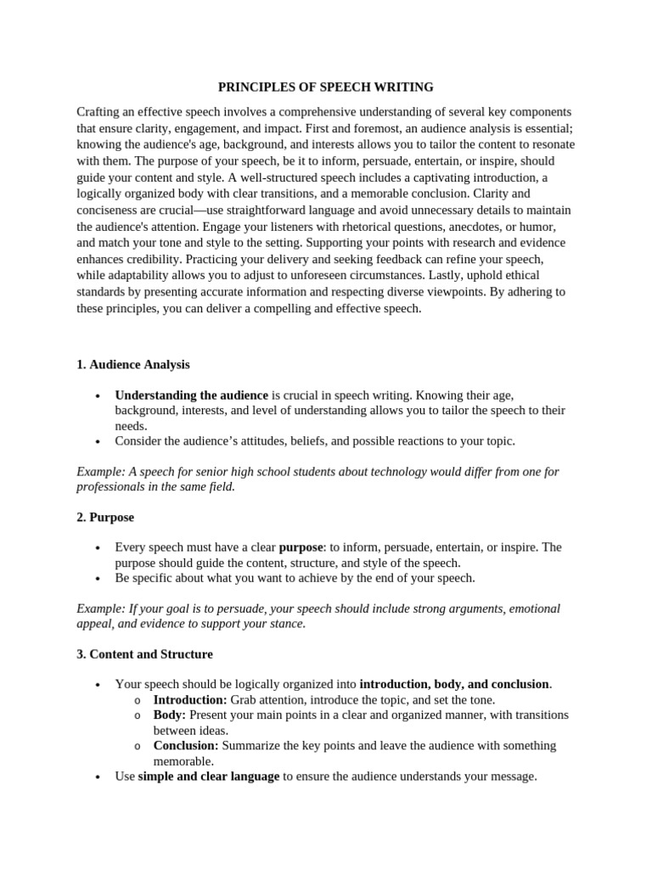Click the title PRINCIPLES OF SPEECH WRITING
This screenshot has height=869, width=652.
[326, 87]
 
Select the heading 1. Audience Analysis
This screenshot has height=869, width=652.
[133, 364]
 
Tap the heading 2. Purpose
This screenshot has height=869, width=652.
[105, 517]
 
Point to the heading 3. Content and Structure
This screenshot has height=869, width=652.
[144, 654]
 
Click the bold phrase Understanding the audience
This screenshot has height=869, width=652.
[191, 395]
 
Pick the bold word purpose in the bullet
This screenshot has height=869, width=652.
[301, 547]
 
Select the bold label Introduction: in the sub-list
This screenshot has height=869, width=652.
[189, 700]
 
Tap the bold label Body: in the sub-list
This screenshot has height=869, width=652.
[169, 715]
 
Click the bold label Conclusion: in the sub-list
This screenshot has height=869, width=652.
[185, 746]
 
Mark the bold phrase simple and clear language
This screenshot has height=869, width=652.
[208, 776]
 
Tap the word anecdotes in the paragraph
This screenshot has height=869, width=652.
[456, 227]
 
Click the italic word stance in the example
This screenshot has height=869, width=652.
[286, 624]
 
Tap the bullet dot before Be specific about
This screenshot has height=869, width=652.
[99, 579]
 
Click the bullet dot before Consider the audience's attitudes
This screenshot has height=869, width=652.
[99, 441]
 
